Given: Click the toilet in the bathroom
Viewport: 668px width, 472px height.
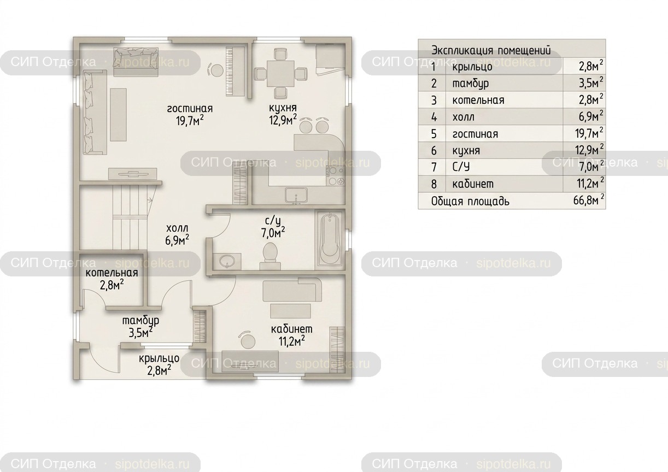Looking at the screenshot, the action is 270,256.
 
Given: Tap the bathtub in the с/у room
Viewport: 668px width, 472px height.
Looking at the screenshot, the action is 330,238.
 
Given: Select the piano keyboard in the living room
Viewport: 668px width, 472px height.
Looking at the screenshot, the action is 236,70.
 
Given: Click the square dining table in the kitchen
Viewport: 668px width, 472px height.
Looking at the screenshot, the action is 280,73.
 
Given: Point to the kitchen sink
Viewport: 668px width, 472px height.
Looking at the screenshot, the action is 295,195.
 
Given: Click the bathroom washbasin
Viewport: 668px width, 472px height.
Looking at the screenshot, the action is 227,261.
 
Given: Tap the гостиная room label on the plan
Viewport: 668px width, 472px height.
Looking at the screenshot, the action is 190,109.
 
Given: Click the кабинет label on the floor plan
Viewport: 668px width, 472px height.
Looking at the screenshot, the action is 292,329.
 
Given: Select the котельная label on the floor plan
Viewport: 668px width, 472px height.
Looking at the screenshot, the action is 112,273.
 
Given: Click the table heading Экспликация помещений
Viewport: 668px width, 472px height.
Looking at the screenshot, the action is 491,50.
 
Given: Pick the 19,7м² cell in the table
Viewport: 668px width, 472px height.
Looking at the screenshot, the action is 589,133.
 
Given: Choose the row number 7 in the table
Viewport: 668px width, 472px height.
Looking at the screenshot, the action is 434,167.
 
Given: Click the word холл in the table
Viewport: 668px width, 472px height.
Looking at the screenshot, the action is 463,117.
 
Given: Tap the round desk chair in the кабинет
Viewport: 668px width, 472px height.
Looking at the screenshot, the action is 247,340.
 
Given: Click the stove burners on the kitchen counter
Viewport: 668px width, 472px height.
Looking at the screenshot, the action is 336,176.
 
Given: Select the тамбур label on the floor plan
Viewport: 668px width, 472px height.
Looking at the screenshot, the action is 140,321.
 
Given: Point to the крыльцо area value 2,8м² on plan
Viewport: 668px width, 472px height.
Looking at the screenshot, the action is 159,370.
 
